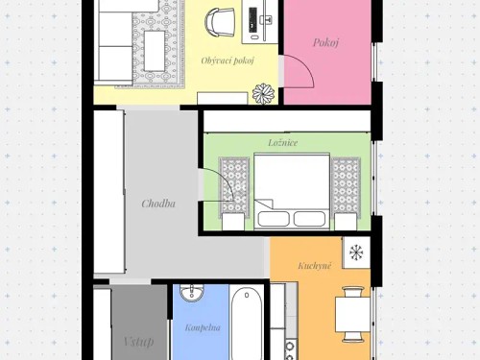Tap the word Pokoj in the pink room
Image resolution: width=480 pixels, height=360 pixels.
(327, 42)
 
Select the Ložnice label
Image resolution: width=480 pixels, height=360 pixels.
(282, 142)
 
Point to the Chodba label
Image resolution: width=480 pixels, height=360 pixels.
(157, 203)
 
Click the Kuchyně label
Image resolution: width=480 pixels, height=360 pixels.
(314, 264)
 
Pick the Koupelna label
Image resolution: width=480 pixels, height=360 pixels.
(203, 328)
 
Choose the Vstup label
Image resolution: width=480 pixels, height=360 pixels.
(139, 341)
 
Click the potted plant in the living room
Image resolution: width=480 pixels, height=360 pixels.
(264, 93)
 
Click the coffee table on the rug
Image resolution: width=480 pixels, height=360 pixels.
(156, 43)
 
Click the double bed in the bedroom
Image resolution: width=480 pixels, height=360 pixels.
(292, 187)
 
